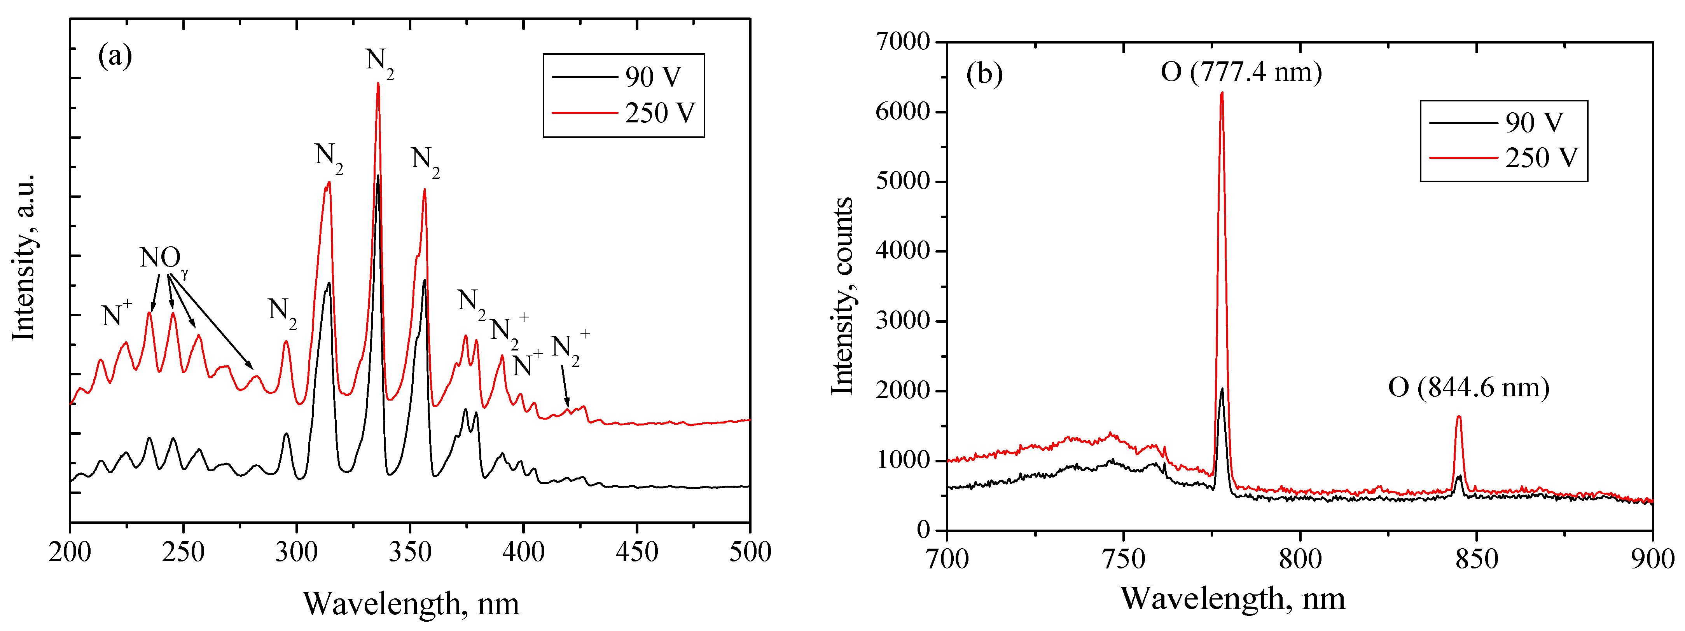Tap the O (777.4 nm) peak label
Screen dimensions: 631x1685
pos(1241,71)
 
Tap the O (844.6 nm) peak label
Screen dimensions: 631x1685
pos(1468,388)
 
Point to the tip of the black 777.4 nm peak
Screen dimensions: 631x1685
pos(1221,389)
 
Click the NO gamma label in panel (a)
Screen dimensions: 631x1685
pos(162,258)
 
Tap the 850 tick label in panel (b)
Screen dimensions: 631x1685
pos(1476,559)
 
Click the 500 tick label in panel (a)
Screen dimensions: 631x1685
pos(750,553)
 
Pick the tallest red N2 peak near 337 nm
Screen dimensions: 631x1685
pos(378,84)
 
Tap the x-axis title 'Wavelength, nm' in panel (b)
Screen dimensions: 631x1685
pos(1232,598)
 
